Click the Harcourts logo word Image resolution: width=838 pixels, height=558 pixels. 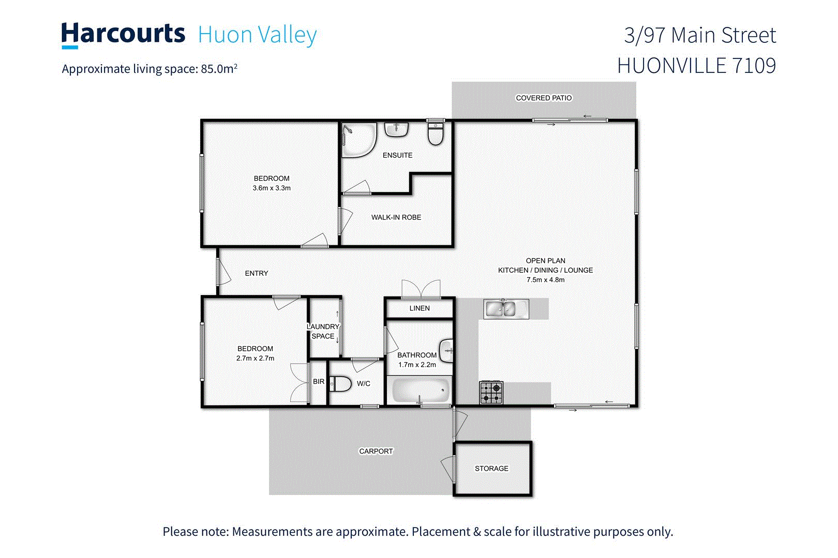(x=123, y=34)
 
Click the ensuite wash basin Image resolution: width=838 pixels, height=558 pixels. (x=396, y=129)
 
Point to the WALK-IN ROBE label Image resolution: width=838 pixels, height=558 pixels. (x=396, y=218)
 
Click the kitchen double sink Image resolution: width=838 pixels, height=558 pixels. (x=501, y=308)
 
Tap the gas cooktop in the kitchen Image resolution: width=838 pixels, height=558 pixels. (x=491, y=393)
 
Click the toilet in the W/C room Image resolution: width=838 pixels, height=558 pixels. (x=340, y=384)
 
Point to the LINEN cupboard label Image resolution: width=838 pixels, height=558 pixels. (x=420, y=308)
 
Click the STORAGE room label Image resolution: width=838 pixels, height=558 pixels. (x=491, y=469)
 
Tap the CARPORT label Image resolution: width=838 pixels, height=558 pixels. (x=376, y=452)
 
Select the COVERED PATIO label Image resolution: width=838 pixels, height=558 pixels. (x=544, y=98)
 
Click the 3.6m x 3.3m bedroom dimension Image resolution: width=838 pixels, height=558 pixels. (x=272, y=188)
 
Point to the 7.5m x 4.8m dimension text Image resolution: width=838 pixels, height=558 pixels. (x=545, y=280)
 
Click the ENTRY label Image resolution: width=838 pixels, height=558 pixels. (x=257, y=273)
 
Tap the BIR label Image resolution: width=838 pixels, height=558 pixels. (x=319, y=382)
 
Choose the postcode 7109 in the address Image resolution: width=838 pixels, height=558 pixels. (x=754, y=66)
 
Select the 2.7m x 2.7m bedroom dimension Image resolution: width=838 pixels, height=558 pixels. (x=255, y=359)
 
